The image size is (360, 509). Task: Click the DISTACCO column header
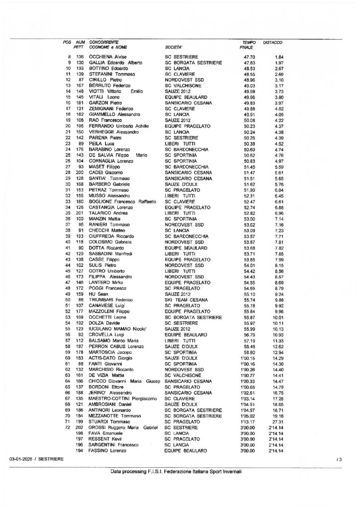coord(272,43)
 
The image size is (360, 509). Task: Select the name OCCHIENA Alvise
coord(106,57)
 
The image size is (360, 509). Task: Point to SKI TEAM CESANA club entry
coord(184,300)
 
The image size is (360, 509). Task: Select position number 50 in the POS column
coord(68,300)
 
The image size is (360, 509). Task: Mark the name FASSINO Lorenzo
coord(107,450)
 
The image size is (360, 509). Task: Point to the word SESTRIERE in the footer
coord(51,460)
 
